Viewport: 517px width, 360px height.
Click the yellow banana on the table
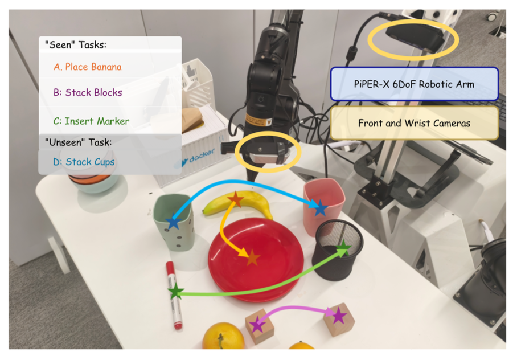(x=238, y=204)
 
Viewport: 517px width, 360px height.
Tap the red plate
(x=256, y=260)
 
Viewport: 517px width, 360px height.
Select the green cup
(x=174, y=222)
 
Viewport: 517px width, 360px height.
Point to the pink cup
(x=323, y=206)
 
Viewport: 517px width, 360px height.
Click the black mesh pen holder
(x=337, y=250)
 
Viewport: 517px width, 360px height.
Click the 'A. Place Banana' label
(x=88, y=67)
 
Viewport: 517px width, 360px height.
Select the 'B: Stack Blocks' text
(x=88, y=92)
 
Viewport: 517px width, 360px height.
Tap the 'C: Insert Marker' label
(x=91, y=121)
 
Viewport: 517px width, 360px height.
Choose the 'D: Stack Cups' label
(x=84, y=162)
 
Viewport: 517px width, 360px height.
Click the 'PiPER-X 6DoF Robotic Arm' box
(x=414, y=84)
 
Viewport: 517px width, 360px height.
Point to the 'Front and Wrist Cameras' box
(x=414, y=123)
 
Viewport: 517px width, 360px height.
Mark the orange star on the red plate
(x=252, y=257)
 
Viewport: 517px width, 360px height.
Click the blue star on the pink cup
(x=320, y=208)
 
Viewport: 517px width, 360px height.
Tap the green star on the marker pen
(x=176, y=292)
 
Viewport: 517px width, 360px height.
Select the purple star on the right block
(x=339, y=316)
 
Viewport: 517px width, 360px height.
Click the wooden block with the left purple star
(x=260, y=326)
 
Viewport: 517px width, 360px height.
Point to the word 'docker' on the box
(x=202, y=155)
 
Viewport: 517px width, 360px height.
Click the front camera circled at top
(x=415, y=39)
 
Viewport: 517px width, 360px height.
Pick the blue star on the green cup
(x=174, y=222)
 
